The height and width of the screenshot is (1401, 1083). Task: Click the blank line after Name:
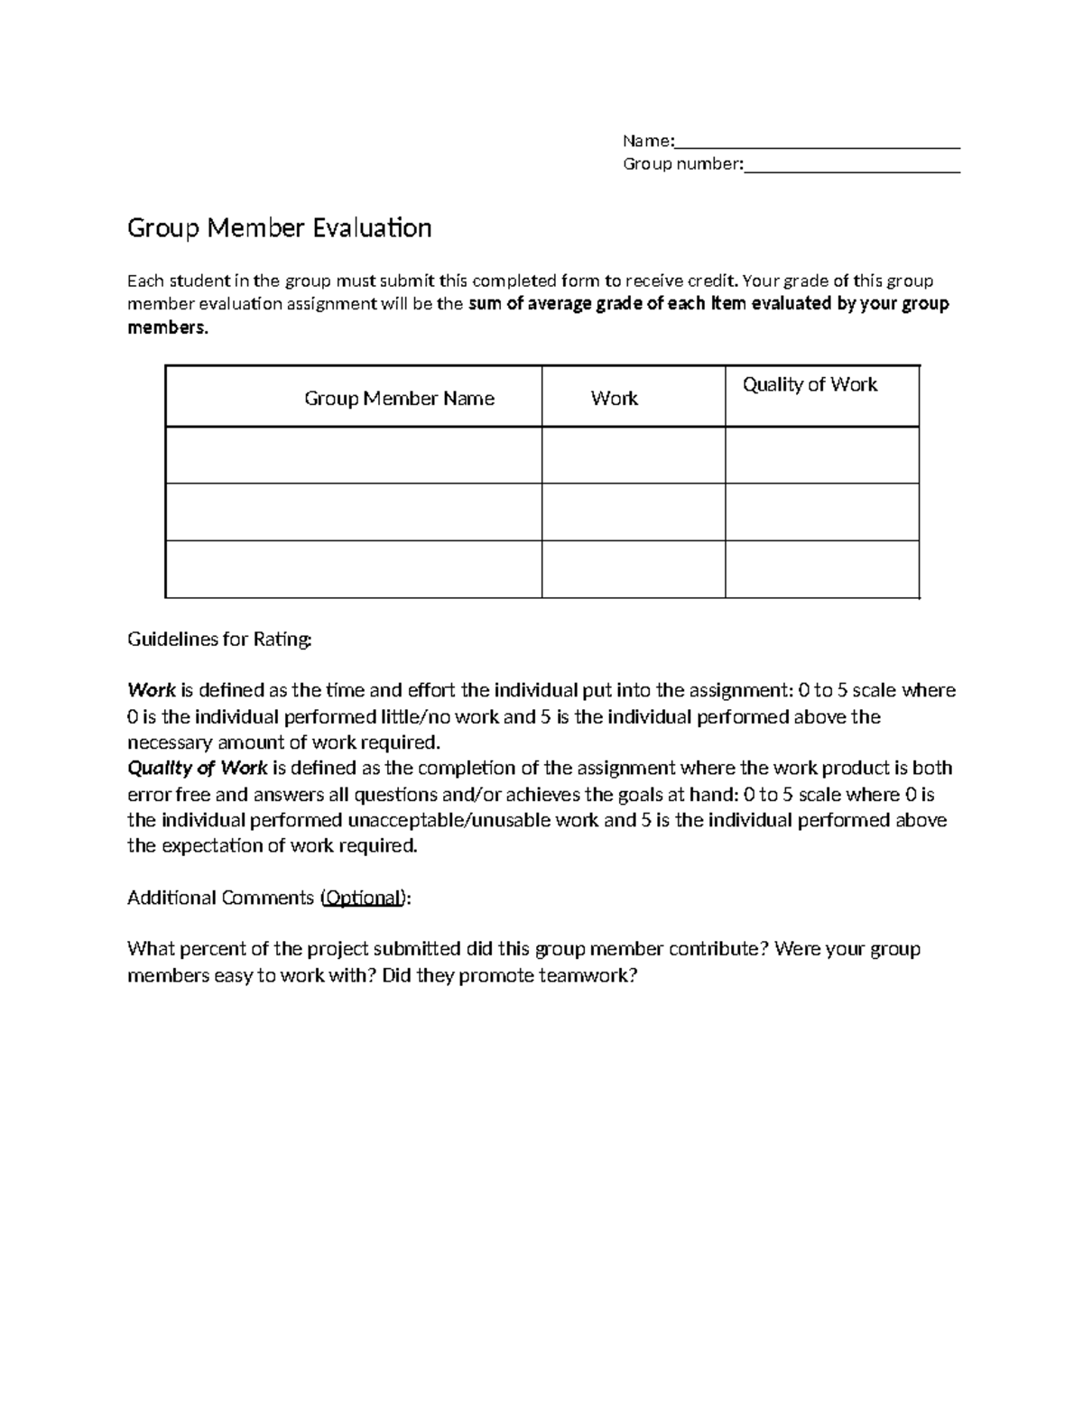817,143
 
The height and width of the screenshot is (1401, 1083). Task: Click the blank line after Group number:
851,166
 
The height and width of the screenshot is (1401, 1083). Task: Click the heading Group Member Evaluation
279,228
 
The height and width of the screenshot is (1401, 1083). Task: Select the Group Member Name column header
399,399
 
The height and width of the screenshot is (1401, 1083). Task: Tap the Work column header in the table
614,399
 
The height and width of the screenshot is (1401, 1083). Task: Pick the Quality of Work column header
810,385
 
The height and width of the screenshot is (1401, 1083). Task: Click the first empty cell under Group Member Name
353,456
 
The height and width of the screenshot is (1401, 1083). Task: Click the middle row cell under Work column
633,512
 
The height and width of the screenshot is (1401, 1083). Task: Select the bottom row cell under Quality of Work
821,569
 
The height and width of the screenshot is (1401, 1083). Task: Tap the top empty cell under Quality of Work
821,456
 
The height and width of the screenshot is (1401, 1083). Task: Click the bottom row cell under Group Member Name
353,569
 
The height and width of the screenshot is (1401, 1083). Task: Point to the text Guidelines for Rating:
219,640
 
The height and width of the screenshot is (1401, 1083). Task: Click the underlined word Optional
363,899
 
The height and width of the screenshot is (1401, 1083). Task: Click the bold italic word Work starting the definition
151,691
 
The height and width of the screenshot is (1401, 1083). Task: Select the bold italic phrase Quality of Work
198,769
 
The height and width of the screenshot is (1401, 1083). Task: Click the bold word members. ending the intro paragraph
167,328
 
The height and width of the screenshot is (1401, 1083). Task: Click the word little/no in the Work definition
415,717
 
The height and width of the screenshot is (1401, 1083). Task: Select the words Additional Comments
220,899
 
